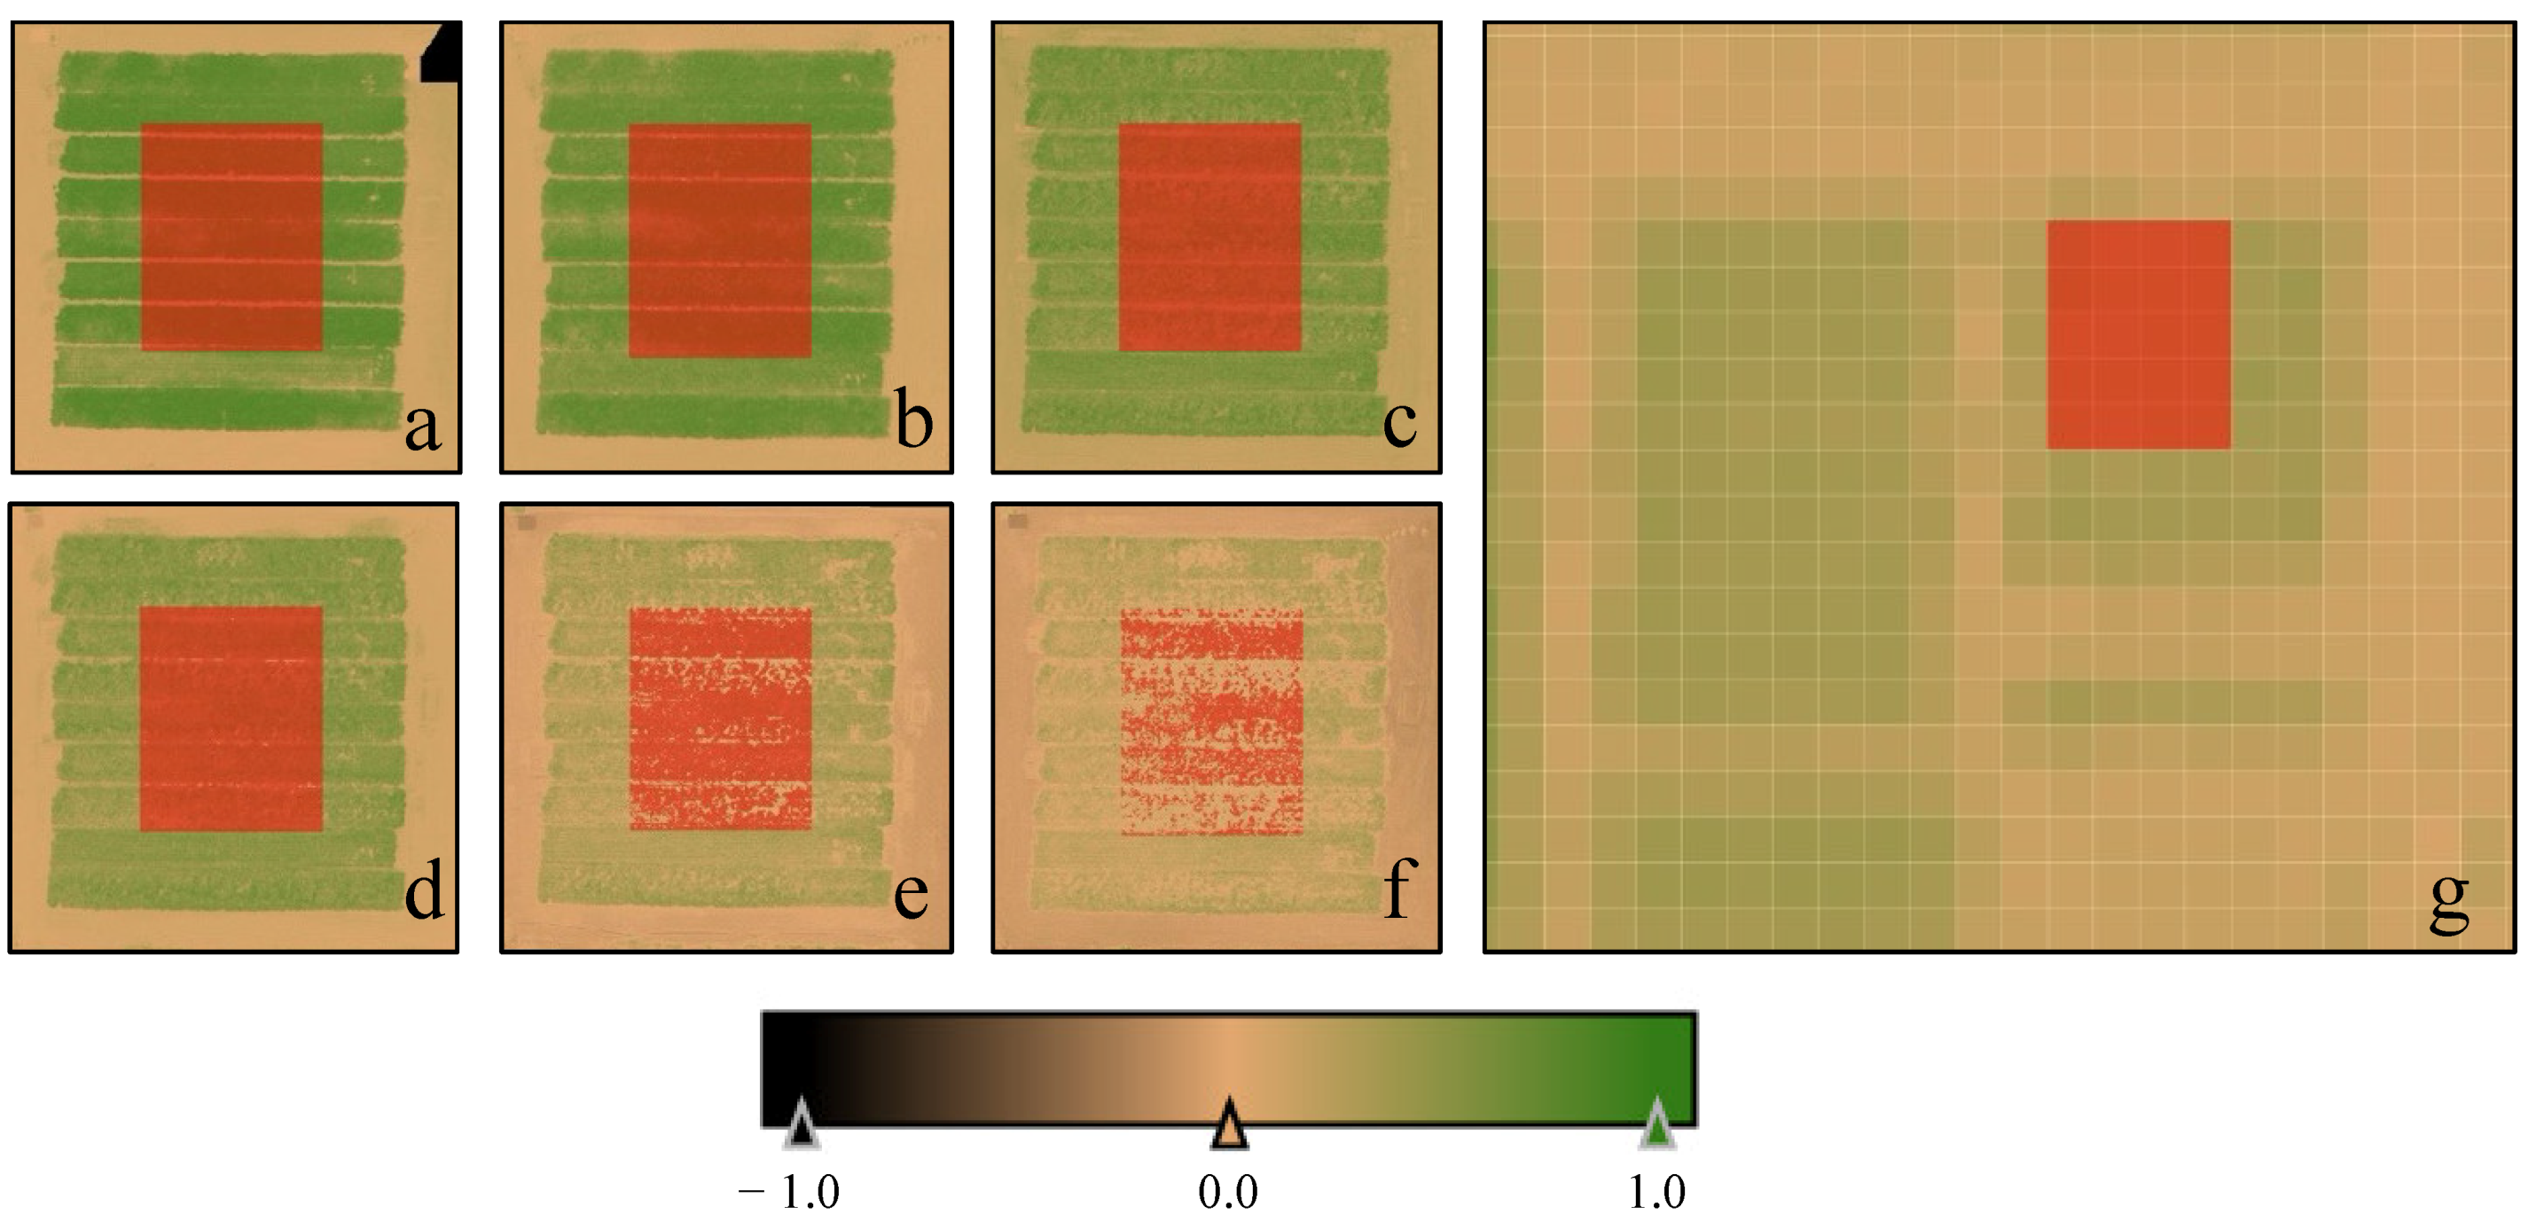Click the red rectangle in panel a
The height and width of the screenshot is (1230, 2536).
click(x=231, y=237)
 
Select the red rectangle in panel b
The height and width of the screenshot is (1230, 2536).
click(x=720, y=239)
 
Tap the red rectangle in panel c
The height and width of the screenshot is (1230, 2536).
click(x=1209, y=237)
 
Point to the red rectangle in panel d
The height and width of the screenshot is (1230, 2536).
click(x=231, y=718)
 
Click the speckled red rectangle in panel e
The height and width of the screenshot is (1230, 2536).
click(x=720, y=718)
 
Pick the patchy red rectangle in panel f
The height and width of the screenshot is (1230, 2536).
click(x=1212, y=721)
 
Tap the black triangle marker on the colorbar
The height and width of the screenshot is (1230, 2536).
click(x=802, y=1124)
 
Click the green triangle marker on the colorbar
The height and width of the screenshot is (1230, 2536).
click(x=1657, y=1124)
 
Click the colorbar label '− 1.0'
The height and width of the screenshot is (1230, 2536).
click(x=788, y=1193)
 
